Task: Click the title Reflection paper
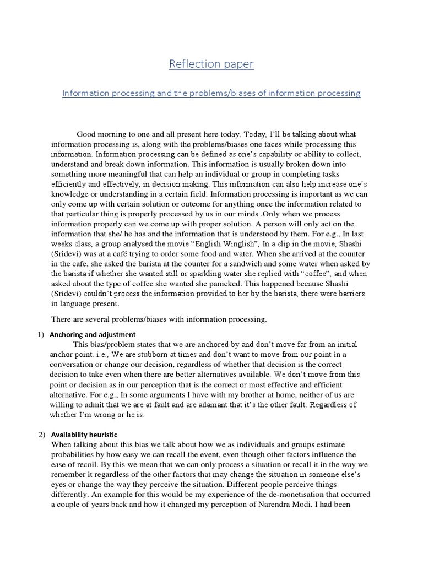[x=211, y=64]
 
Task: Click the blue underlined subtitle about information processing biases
[x=211, y=93]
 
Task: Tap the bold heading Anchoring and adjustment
[x=93, y=334]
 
